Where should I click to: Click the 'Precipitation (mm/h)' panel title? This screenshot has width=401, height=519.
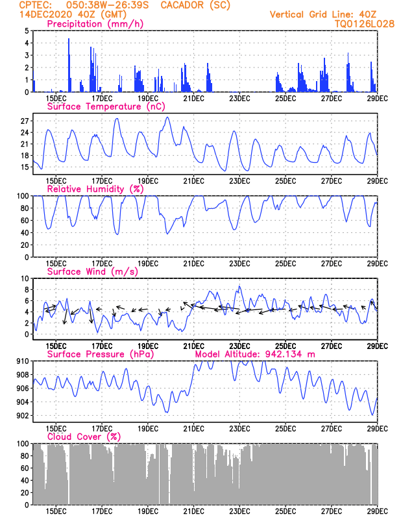click(x=95, y=24)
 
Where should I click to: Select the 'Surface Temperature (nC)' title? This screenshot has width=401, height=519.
click(x=106, y=106)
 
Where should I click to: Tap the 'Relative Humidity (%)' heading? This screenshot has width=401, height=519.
click(x=95, y=189)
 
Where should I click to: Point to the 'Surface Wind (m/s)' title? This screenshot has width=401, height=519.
click(x=92, y=272)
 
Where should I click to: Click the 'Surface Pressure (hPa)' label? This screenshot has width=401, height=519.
click(x=101, y=354)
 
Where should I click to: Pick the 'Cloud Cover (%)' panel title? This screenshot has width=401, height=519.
click(x=84, y=437)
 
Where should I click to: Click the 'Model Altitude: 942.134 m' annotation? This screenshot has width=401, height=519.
click(x=255, y=354)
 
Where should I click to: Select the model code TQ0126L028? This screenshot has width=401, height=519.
click(x=364, y=24)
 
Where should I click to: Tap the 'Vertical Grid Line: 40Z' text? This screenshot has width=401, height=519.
click(x=323, y=14)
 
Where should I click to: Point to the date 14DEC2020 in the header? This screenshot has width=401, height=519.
click(x=45, y=14)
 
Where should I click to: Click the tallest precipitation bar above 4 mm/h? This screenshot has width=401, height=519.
click(x=69, y=66)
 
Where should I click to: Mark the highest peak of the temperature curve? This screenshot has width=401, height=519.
click(x=167, y=117)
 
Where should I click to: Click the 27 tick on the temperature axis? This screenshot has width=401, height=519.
click(x=25, y=121)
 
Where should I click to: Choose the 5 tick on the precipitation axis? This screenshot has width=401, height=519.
click(x=27, y=30)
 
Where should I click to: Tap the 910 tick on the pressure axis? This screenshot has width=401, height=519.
click(x=23, y=361)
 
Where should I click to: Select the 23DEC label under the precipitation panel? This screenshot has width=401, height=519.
click(x=239, y=99)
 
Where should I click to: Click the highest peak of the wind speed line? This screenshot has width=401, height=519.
click(x=239, y=286)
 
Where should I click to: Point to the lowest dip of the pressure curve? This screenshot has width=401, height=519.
click(x=372, y=415)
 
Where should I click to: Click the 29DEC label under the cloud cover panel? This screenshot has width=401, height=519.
click(x=377, y=511)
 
